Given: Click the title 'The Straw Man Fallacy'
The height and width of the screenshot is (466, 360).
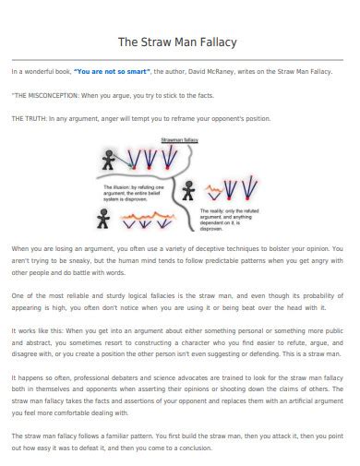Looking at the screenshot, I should [179, 42].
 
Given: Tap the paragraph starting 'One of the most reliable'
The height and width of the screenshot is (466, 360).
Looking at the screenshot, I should [179, 301].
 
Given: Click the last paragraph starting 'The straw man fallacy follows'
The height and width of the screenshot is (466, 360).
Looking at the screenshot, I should [179, 440].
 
